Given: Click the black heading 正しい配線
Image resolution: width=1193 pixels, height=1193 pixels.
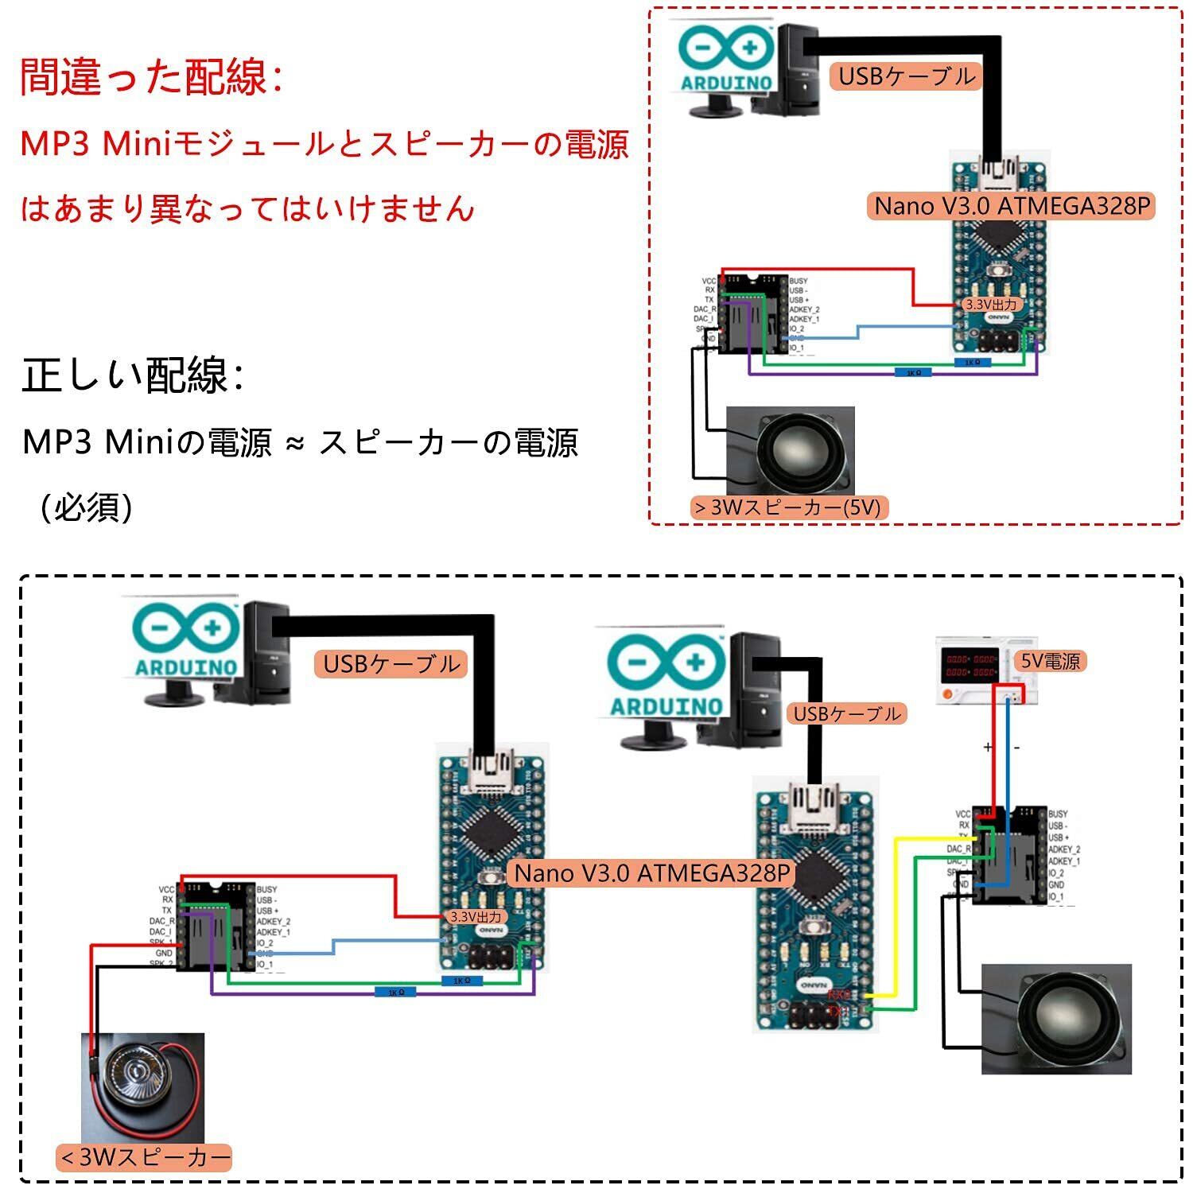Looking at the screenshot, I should (x=131, y=375).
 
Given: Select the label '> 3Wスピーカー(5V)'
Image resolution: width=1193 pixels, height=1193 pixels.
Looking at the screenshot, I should (x=788, y=507).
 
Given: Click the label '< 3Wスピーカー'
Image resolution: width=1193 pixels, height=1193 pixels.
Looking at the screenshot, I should (x=144, y=1157).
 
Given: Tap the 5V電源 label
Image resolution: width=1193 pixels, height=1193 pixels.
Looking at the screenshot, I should (x=1051, y=661).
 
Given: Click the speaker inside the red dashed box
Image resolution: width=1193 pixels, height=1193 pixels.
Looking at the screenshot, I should (x=791, y=451).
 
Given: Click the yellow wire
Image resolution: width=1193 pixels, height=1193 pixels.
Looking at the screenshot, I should (x=896, y=915).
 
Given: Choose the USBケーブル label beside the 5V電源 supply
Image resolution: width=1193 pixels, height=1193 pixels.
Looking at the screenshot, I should (x=847, y=713).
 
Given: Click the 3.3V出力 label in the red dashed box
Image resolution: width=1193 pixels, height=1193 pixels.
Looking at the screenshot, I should (x=990, y=305).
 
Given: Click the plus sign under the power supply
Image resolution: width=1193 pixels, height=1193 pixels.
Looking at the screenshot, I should (x=988, y=747).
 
